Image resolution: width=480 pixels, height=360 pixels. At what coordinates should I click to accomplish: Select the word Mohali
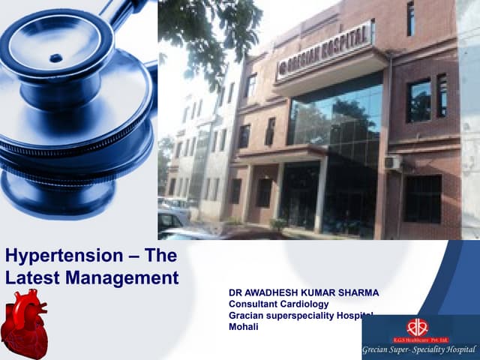pyautogui.click(x=244, y=327)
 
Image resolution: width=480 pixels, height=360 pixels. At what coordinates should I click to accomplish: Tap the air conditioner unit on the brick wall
pyautogui.click(x=392, y=163)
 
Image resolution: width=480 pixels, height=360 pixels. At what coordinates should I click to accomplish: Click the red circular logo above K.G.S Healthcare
pyautogui.click(x=417, y=327)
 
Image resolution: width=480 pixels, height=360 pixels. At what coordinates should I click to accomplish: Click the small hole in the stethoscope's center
pyautogui.click(x=55, y=58)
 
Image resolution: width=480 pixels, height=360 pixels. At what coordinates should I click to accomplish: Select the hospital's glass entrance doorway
pyautogui.click(x=300, y=196)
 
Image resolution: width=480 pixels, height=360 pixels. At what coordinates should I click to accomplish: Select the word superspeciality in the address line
pyautogui.click(x=299, y=316)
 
